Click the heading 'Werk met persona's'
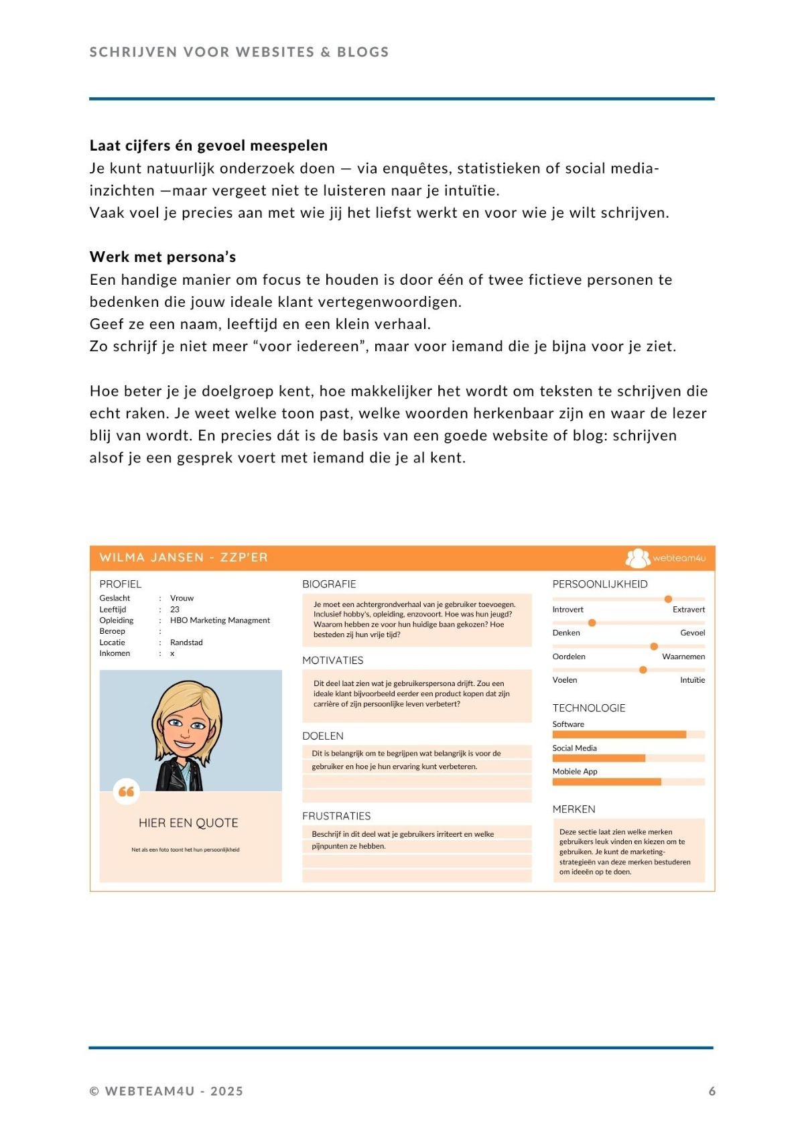(163, 257)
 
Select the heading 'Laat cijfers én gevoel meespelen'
(208, 145)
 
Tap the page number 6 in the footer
(712, 1091)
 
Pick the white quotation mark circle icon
(126, 791)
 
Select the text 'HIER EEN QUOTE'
(188, 823)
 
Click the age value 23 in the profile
(175, 610)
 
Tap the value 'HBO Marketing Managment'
(220, 620)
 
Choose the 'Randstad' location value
(186, 643)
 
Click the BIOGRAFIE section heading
(329, 584)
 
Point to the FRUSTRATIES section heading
(336, 816)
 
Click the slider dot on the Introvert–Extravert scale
(668, 599)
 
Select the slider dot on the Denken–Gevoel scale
(592, 623)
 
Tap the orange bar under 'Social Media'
(598, 758)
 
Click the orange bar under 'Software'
(618, 734)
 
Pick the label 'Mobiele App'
(575, 772)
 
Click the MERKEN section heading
(574, 809)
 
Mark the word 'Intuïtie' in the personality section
(692, 680)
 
